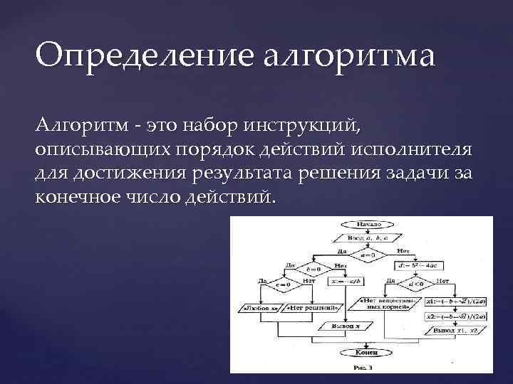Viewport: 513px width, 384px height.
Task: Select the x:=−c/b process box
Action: point(343,281)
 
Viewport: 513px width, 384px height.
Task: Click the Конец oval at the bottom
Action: point(366,351)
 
